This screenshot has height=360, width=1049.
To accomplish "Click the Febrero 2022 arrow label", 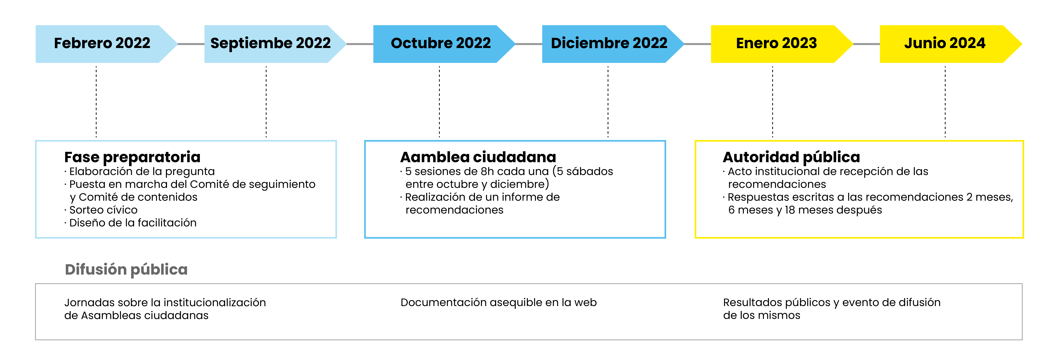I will (x=102, y=43).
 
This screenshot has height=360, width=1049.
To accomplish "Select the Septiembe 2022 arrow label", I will (x=270, y=43).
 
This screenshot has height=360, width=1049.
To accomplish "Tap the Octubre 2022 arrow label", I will (x=441, y=43).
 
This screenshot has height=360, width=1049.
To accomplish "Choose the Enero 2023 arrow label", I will (x=776, y=43).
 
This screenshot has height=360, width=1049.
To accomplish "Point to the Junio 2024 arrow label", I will (x=945, y=43).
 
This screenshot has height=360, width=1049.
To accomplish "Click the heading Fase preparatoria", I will (x=132, y=157).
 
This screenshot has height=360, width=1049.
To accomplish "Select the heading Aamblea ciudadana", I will (x=478, y=157).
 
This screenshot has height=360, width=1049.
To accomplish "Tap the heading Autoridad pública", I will (x=791, y=157).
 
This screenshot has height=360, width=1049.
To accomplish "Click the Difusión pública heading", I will (x=126, y=270).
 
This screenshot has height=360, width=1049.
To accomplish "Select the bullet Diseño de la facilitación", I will (x=133, y=223).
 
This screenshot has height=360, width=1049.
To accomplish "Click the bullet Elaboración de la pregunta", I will (x=142, y=171).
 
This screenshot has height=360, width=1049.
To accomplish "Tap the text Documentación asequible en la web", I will (x=498, y=303).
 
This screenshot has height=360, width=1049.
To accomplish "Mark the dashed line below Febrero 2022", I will (x=96, y=102).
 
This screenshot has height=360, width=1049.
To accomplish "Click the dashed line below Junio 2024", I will (x=945, y=102).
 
